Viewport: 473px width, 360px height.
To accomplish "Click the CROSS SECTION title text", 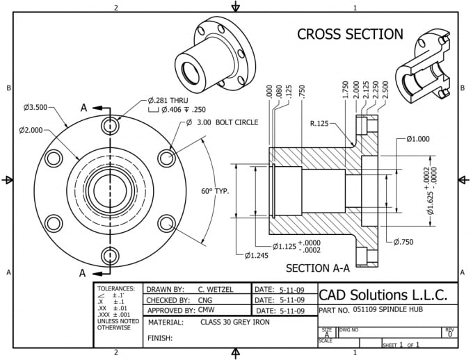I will click(350, 34).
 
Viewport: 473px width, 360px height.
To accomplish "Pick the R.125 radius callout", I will click(323, 124).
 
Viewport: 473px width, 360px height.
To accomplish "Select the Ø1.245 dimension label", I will click(256, 256).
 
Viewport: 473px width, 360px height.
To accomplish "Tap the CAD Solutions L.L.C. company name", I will click(387, 293).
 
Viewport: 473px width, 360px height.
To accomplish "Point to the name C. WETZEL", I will click(215, 289).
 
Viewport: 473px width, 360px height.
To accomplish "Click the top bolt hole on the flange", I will click(110, 126).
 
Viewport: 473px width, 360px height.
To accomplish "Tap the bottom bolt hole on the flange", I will click(110, 254).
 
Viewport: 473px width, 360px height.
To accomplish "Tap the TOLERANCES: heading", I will click(116, 288).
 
